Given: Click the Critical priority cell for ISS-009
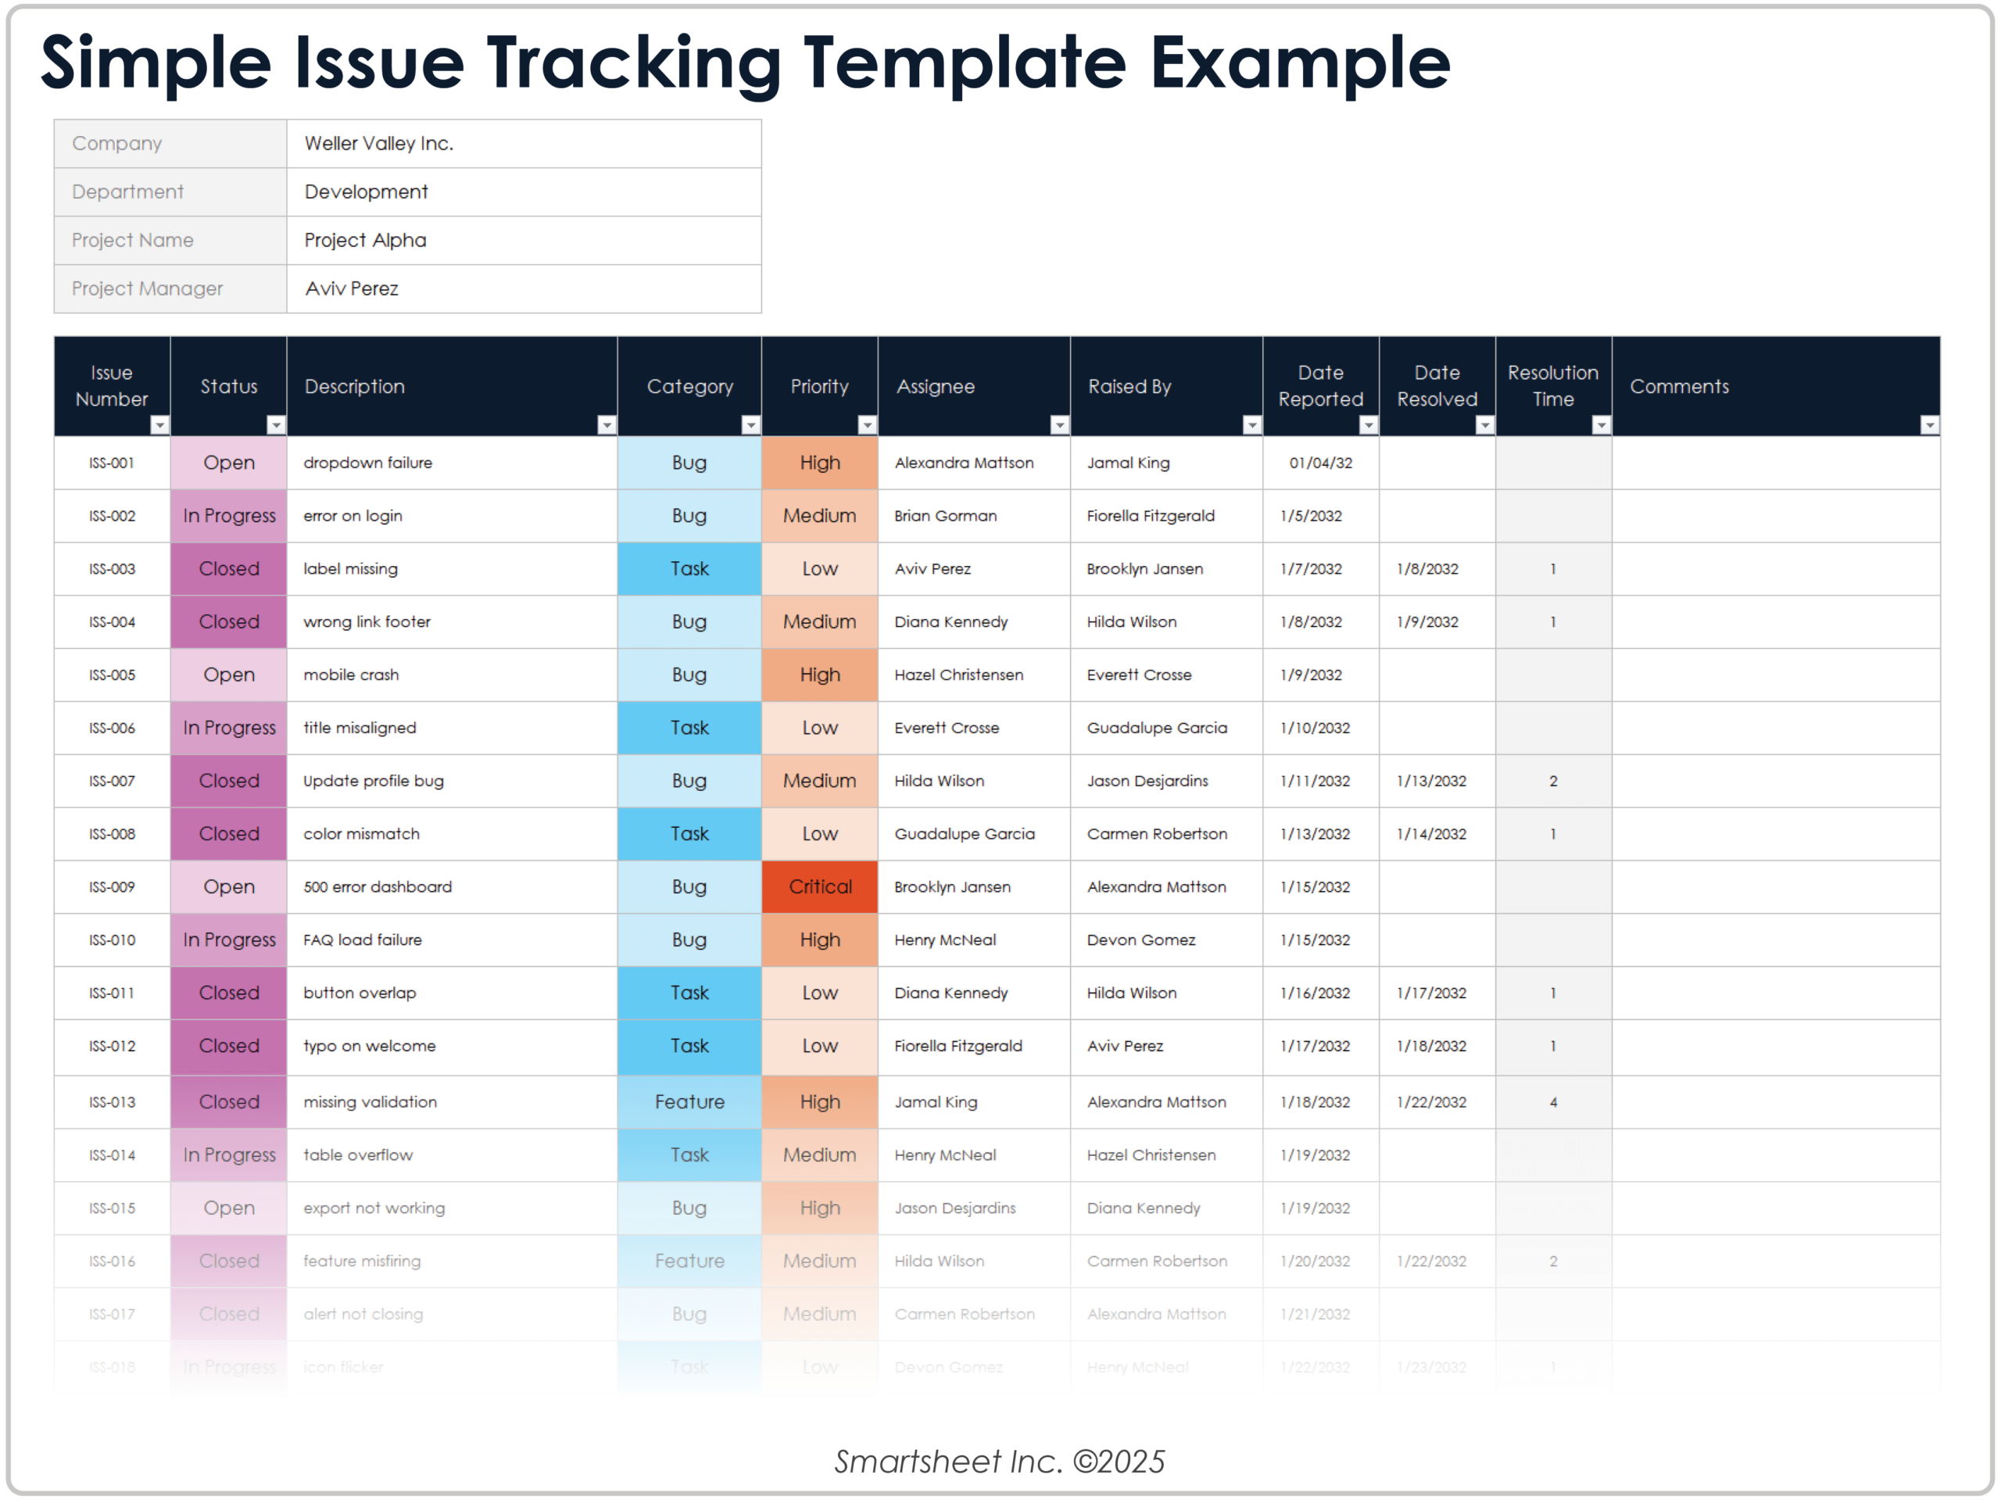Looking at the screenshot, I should pyautogui.click(x=820, y=886).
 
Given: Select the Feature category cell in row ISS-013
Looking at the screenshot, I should pyautogui.click(x=689, y=1102).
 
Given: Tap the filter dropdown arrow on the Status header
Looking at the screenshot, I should pyautogui.click(x=276, y=424).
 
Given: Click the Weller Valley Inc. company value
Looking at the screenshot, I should pyautogui.click(x=379, y=143).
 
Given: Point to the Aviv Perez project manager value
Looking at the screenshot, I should pyautogui.click(x=351, y=288).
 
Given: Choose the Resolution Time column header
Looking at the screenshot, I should pyautogui.click(x=1552, y=385).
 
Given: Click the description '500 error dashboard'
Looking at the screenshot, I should pyautogui.click(x=378, y=886).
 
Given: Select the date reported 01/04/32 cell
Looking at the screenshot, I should pyautogui.click(x=1320, y=462).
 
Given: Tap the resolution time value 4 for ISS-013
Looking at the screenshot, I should pyautogui.click(x=1552, y=1102).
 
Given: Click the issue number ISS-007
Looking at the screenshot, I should pyautogui.click(x=113, y=781).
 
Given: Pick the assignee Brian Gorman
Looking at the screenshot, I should pyautogui.click(x=945, y=516).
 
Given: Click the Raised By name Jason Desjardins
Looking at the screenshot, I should pyautogui.click(x=1147, y=781).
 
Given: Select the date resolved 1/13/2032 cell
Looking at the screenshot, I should pyautogui.click(x=1430, y=781).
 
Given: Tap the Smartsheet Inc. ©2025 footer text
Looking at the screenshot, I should pyautogui.click(x=999, y=1461).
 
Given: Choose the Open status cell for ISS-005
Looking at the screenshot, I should pyautogui.click(x=229, y=675).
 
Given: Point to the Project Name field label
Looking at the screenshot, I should pyautogui.click(x=132, y=240).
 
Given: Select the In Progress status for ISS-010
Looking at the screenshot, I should pyautogui.click(x=229, y=940).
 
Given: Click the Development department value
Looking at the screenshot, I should pyautogui.click(x=366, y=192).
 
